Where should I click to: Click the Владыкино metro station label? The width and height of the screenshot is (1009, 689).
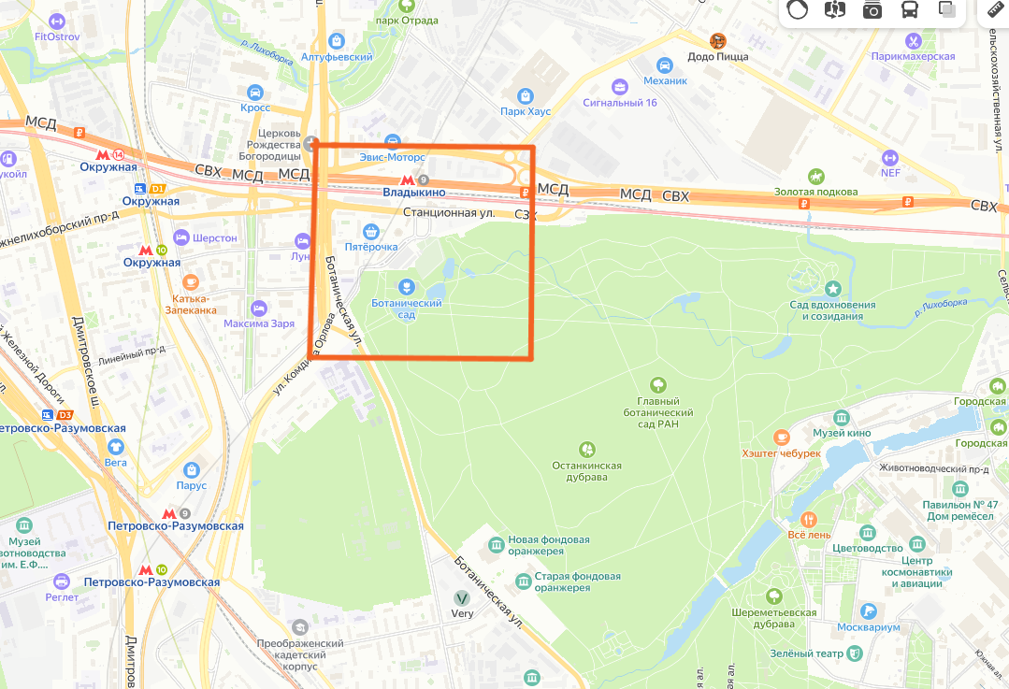click(x=413, y=192)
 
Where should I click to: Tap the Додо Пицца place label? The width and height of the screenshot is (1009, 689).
click(x=718, y=56)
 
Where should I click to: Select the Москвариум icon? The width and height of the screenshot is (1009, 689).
click(x=870, y=610)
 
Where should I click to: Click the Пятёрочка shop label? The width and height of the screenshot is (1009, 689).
click(x=371, y=247)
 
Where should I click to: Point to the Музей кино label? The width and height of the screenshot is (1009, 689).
click(x=842, y=433)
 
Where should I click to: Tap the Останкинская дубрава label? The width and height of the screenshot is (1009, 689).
click(x=586, y=471)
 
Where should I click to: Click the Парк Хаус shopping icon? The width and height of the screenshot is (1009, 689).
click(x=526, y=95)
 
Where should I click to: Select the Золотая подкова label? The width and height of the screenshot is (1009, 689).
click(x=815, y=192)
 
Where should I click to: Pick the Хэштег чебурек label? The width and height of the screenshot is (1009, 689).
click(x=781, y=453)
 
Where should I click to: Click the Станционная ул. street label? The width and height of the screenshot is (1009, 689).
click(x=448, y=213)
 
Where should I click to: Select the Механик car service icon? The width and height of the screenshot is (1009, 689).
click(x=664, y=65)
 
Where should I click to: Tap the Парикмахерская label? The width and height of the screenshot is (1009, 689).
click(x=913, y=56)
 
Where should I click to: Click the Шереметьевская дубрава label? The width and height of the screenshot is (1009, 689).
click(x=773, y=619)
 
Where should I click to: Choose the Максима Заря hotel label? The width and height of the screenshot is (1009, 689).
click(x=259, y=324)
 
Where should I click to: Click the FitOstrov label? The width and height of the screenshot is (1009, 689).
click(x=57, y=36)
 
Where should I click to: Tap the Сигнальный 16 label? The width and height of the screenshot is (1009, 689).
click(x=619, y=103)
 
